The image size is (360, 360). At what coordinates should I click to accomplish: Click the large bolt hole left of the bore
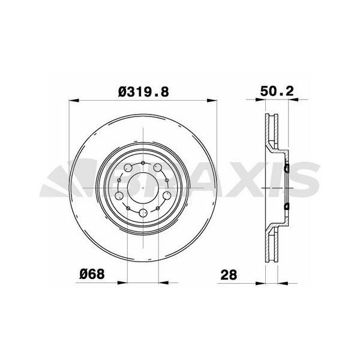tap(120, 195)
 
